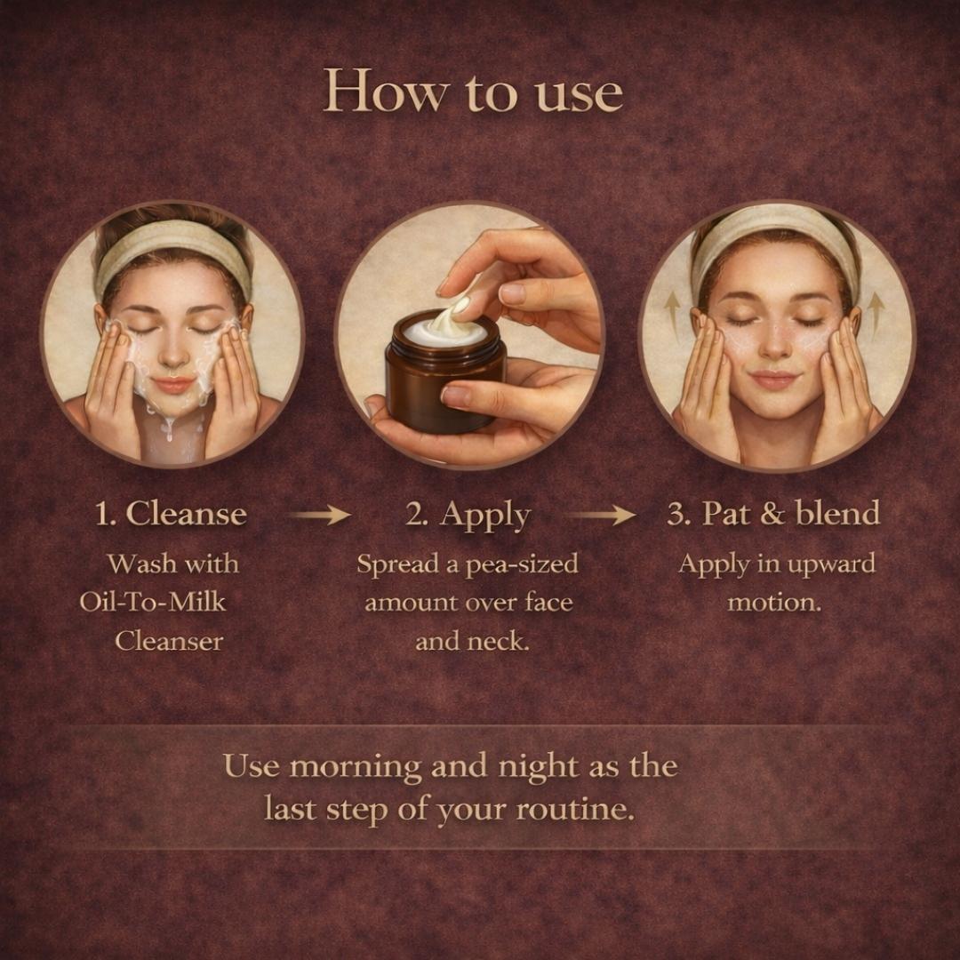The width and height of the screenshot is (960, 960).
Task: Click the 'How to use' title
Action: point(473,92)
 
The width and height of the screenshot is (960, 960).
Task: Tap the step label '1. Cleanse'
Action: point(171,513)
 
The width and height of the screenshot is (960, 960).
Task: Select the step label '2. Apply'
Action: point(468,516)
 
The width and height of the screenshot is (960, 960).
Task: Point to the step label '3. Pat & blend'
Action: point(773,513)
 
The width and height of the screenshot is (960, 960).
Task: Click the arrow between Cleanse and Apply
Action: point(319,515)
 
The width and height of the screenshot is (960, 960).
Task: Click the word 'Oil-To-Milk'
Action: point(153,603)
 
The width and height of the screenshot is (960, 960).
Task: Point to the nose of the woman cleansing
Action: point(172,355)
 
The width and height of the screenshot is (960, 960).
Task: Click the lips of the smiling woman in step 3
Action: point(773,379)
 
